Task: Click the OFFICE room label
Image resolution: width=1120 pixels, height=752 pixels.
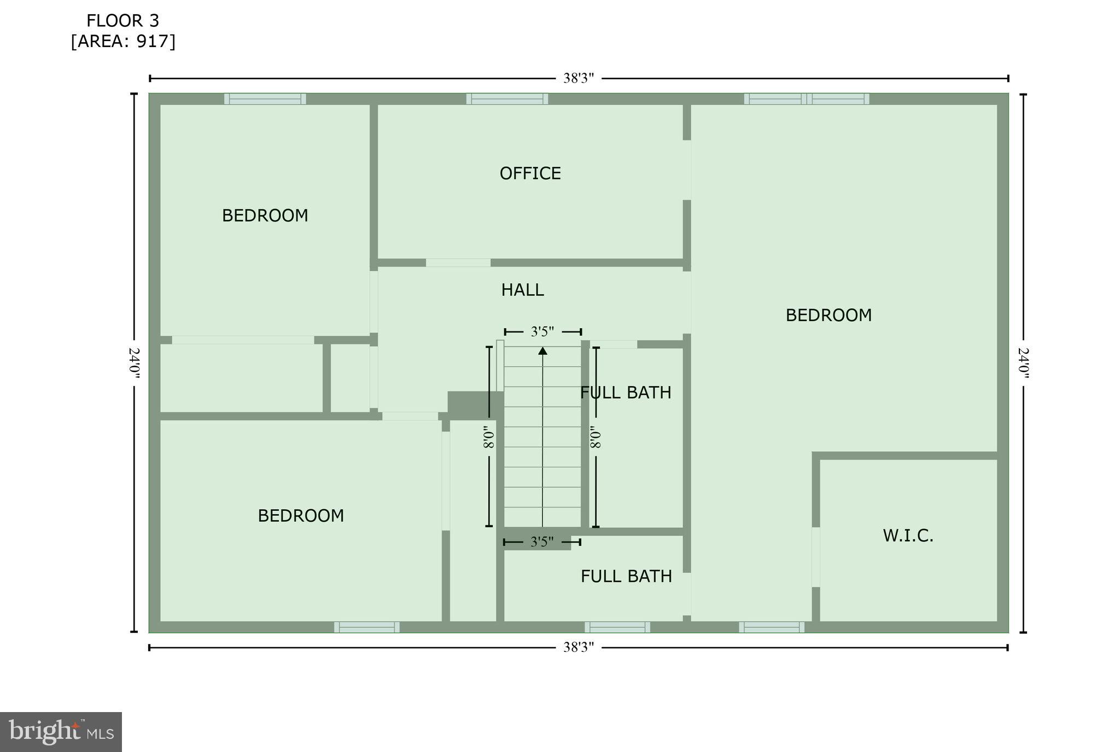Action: click(530, 173)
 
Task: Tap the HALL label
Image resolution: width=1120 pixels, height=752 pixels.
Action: click(522, 290)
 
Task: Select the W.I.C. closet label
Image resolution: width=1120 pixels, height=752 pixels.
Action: click(908, 535)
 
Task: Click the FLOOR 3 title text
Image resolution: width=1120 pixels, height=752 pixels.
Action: click(122, 21)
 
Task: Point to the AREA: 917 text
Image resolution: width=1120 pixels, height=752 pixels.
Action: click(123, 42)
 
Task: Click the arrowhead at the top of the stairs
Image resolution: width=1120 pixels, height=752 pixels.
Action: click(542, 351)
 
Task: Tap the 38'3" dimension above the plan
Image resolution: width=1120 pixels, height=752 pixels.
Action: click(579, 78)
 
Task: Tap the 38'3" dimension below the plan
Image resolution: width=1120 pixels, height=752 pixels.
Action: click(579, 648)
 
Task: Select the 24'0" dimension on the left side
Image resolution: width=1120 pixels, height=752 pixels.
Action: click(135, 363)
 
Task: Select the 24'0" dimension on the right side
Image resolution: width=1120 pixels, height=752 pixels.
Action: click(1023, 363)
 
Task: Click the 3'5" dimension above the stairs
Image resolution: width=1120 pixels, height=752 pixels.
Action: click(542, 331)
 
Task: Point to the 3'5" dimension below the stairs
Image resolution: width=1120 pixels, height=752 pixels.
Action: click(542, 542)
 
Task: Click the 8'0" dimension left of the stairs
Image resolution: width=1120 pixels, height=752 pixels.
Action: click(489, 438)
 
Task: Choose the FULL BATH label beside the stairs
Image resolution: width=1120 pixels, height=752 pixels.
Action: click(626, 393)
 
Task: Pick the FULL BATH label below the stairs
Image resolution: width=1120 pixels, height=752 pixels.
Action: click(626, 576)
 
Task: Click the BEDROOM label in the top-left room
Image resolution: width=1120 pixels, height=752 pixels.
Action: click(265, 216)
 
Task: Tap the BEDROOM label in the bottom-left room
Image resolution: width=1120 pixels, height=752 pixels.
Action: click(301, 516)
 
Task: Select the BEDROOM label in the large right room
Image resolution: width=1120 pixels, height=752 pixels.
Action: click(829, 315)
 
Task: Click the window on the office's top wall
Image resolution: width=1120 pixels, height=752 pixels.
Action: click(507, 99)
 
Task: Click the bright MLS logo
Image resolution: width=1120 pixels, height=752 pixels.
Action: click(61, 732)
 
